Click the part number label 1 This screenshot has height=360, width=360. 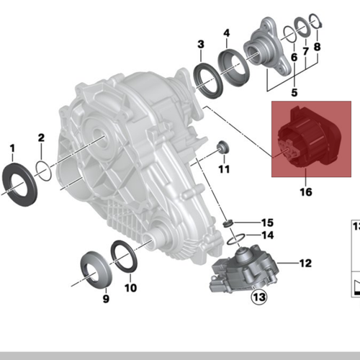point(12,149)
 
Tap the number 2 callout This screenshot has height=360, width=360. point(41,137)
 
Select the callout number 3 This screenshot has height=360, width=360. point(201,45)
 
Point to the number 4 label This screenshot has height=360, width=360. point(226,33)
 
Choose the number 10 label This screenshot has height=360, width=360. point(130,289)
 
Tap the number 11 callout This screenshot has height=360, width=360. point(223,170)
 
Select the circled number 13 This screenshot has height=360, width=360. point(258,295)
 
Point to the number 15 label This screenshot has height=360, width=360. point(268,222)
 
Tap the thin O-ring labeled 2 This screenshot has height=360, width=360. point(43,171)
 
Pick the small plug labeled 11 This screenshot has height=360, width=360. point(222,148)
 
